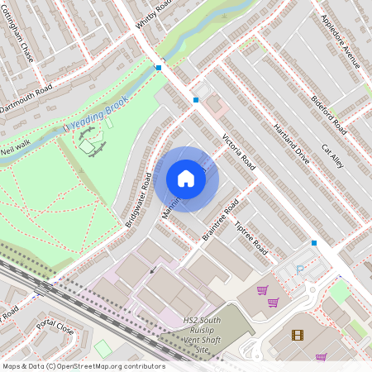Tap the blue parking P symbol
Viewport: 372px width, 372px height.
[x=300, y=270]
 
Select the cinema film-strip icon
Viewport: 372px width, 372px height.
[x=298, y=335]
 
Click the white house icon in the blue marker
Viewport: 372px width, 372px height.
[x=186, y=179]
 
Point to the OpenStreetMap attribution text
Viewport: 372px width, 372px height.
[x=83, y=366]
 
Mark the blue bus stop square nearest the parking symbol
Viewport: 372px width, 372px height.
[x=314, y=243]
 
